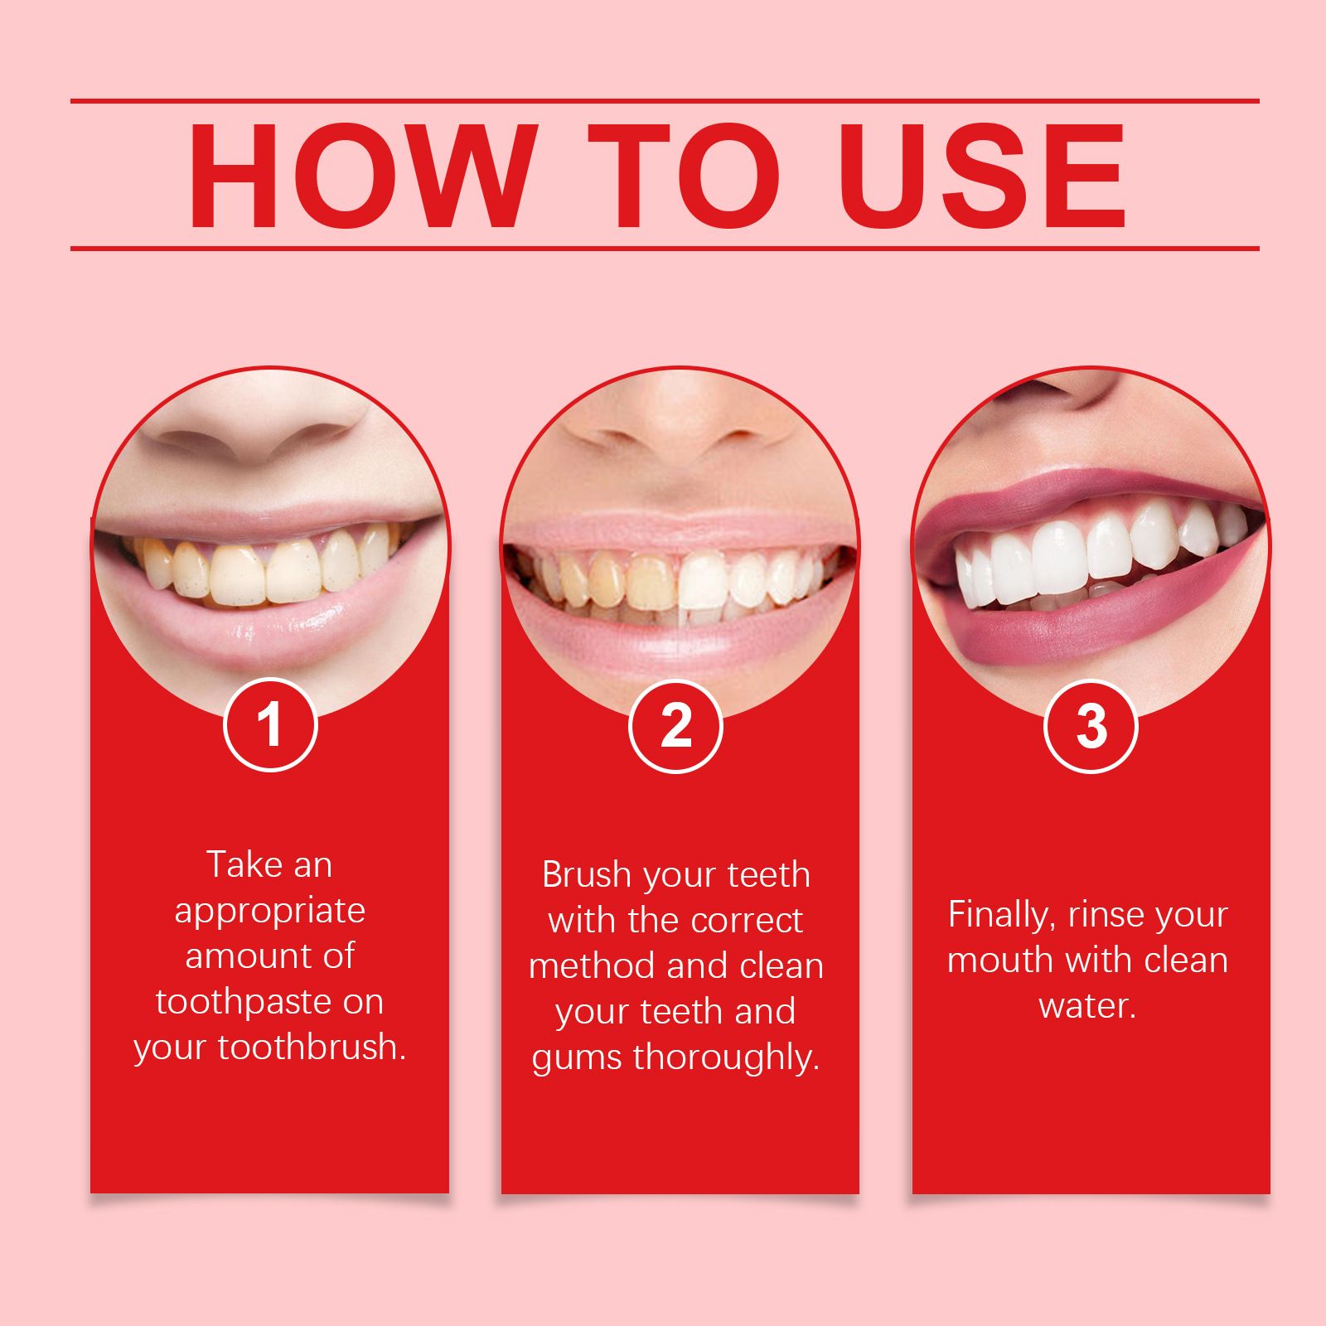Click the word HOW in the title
(358, 176)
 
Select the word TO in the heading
(684, 176)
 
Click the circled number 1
(270, 725)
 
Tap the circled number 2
(676, 726)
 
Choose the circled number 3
(1091, 726)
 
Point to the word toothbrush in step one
(312, 1048)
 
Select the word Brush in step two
(587, 875)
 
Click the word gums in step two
(578, 1058)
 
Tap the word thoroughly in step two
(726, 1058)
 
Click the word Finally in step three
(1001, 915)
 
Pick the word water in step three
(1086, 1006)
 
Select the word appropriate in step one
(270, 911)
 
